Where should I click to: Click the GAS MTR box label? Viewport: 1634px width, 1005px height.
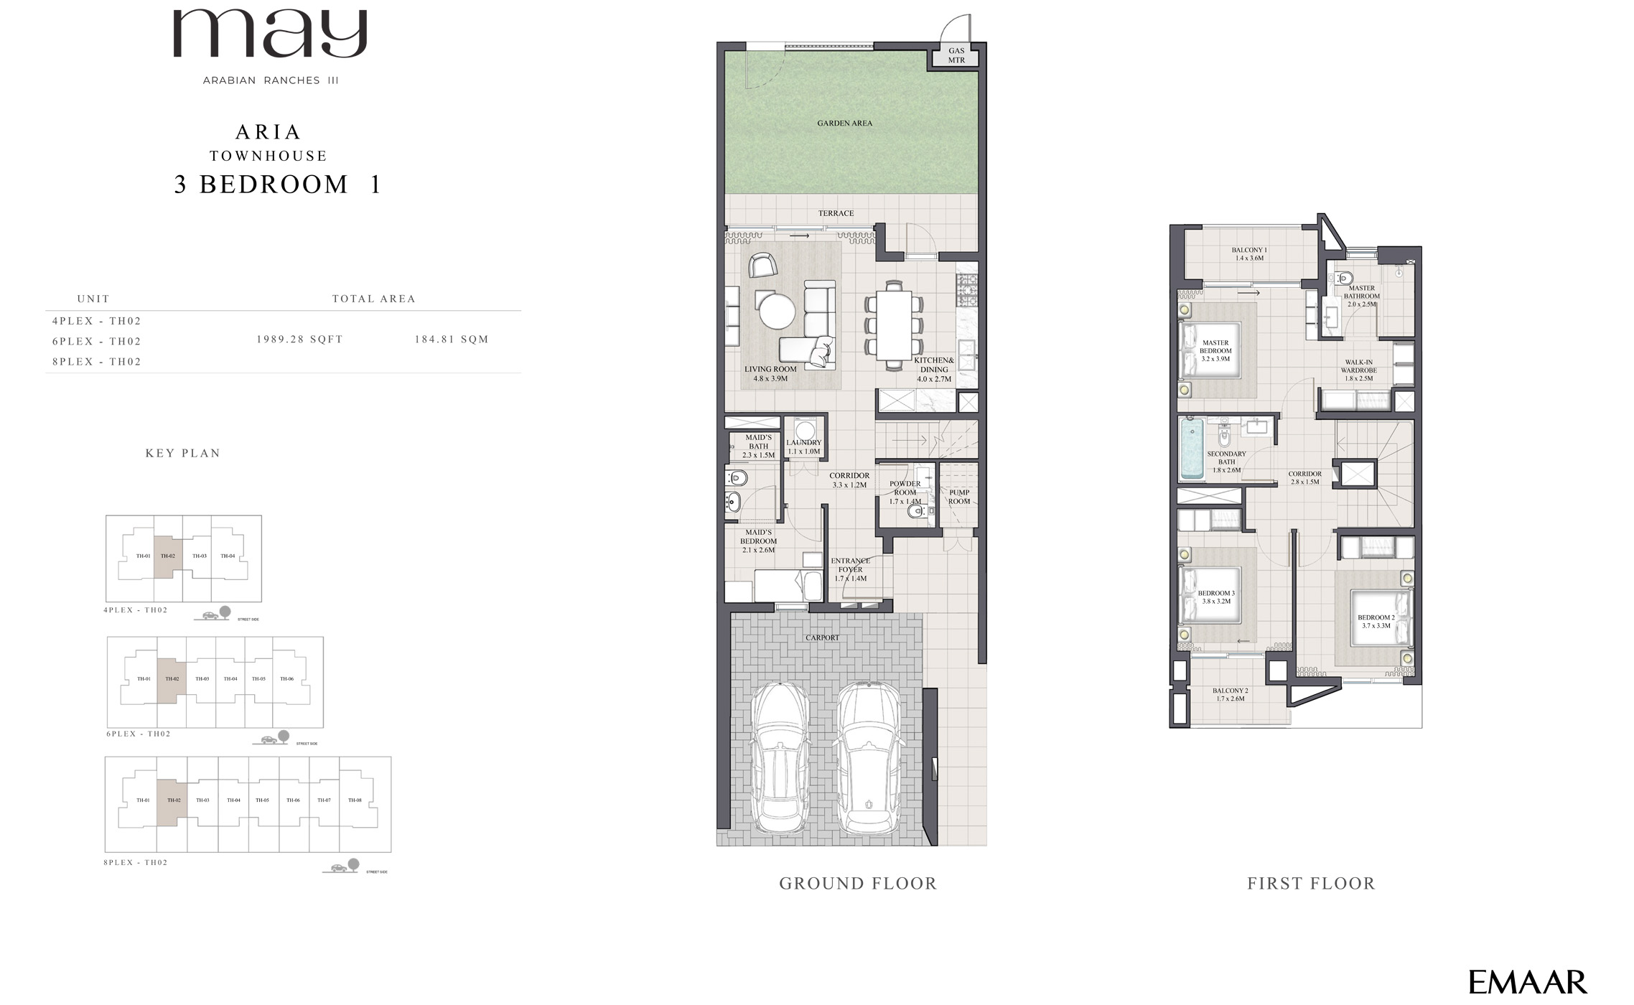tap(956, 55)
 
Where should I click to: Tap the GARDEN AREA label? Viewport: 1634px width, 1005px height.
tap(844, 123)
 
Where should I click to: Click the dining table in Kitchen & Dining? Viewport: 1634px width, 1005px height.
tap(894, 325)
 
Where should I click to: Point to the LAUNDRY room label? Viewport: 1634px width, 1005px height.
tap(803, 447)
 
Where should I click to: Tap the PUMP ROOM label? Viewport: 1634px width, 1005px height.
tap(959, 497)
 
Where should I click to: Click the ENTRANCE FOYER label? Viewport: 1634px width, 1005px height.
tap(851, 569)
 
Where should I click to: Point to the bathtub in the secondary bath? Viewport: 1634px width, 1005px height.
tap(1191, 449)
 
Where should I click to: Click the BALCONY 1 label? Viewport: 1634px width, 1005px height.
tap(1249, 254)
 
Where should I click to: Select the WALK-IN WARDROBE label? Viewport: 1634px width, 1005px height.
tap(1358, 370)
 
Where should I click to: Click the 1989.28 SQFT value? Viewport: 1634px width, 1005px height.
tap(299, 340)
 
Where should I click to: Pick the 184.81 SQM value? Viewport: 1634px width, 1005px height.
tap(451, 340)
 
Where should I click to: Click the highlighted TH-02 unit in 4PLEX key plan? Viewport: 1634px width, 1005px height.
tap(168, 557)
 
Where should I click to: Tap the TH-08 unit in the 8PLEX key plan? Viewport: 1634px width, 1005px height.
tap(355, 800)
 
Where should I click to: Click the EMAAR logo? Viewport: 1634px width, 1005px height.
tap(1526, 982)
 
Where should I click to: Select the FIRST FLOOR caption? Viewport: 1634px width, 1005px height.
tap(1311, 884)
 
